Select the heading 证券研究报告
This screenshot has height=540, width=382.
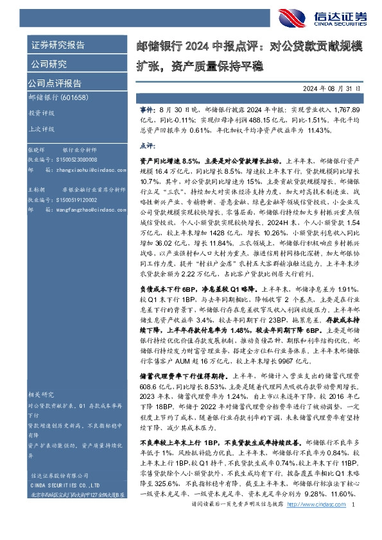57,45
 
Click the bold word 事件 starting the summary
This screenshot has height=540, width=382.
147,111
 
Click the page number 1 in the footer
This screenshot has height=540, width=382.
354,522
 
